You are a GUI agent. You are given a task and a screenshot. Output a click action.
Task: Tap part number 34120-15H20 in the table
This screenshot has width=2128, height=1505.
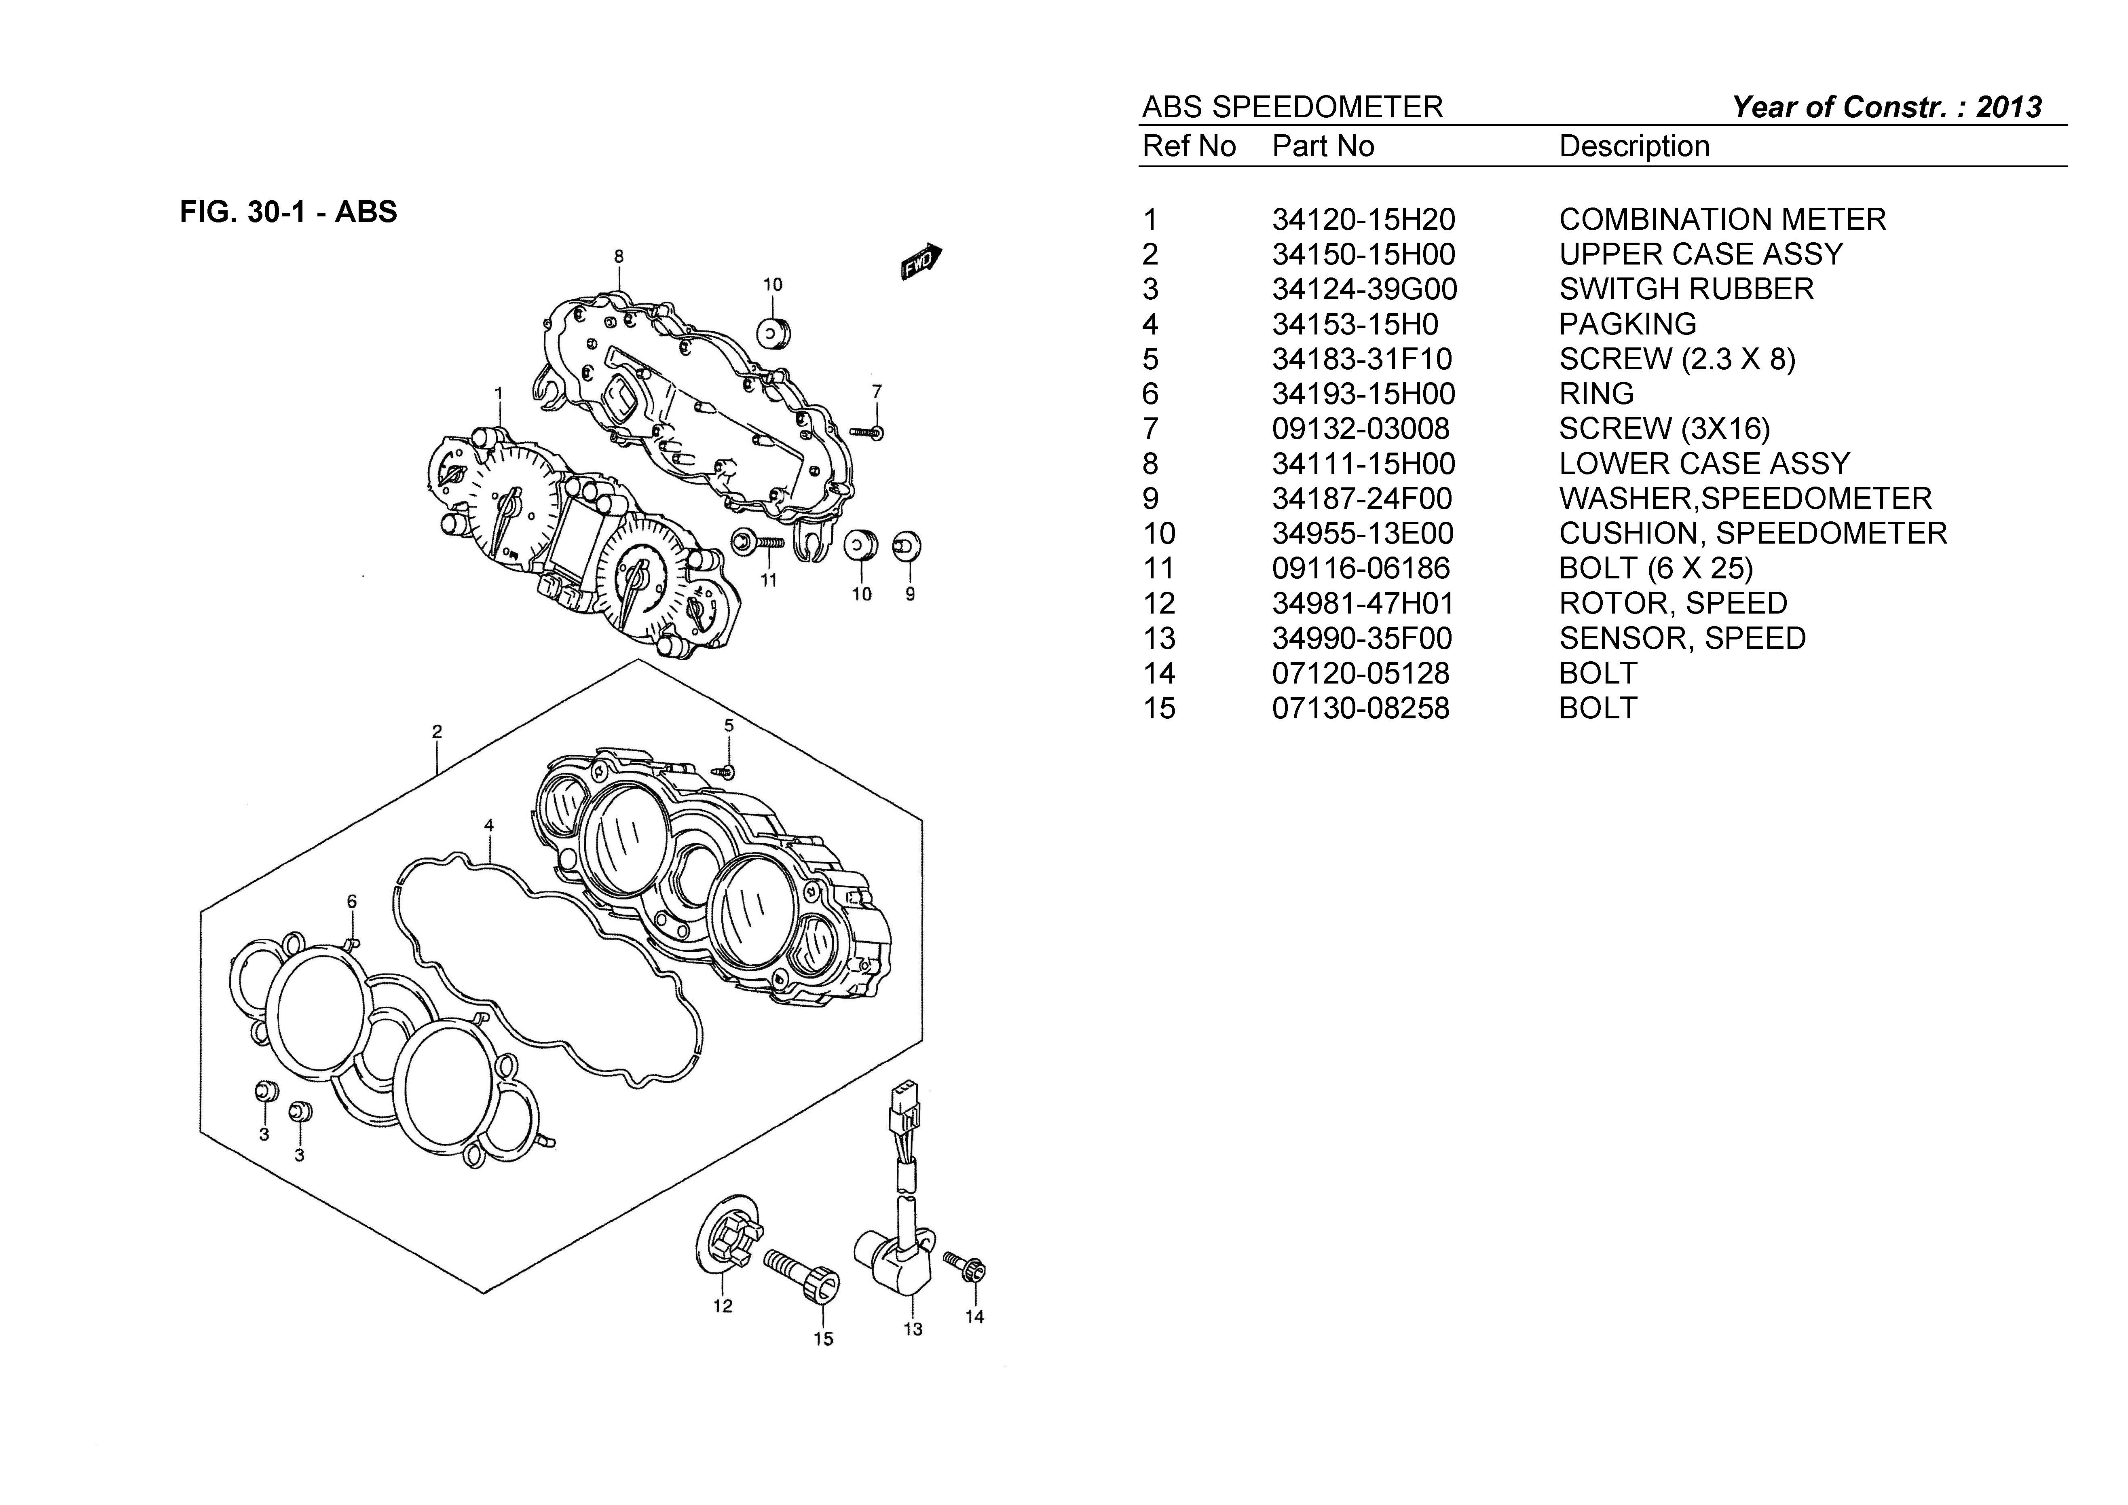[x=1363, y=220]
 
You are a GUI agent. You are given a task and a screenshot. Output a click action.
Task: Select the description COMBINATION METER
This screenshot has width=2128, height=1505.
[x=1722, y=220]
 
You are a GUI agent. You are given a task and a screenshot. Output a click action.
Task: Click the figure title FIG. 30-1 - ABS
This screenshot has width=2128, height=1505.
[x=288, y=212]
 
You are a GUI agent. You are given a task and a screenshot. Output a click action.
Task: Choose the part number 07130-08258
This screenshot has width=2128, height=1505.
[x=1360, y=709]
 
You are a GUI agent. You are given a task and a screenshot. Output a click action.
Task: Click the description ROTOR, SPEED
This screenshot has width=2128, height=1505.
[x=1672, y=604]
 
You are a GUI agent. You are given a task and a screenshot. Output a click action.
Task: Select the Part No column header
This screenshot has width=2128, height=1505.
[x=1323, y=146]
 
